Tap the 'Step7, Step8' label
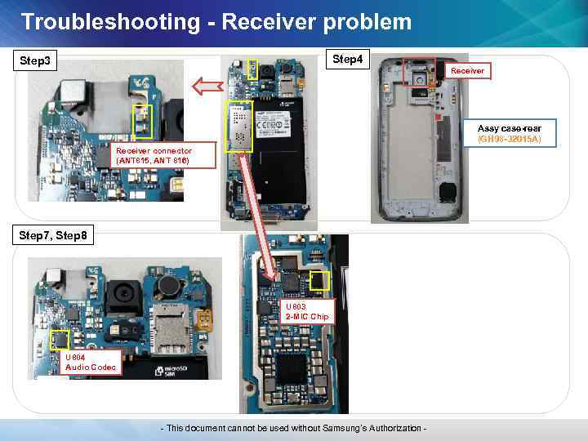click(x=56, y=236)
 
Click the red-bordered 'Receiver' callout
click(x=468, y=71)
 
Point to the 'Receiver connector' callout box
click(x=154, y=156)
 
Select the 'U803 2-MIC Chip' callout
click(x=307, y=311)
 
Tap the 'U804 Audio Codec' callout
click(x=91, y=362)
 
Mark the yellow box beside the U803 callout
click(x=319, y=281)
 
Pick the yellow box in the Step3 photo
click(x=143, y=121)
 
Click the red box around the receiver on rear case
click(x=420, y=73)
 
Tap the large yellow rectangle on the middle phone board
click(x=239, y=126)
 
